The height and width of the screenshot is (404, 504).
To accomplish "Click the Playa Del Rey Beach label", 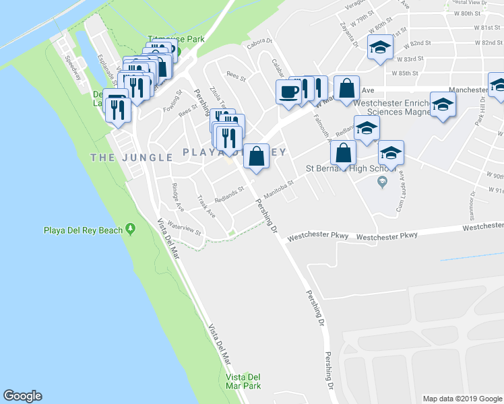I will (x=83, y=230).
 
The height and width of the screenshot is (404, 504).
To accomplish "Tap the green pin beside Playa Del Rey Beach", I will (x=130, y=230).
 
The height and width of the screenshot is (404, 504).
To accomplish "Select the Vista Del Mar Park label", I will (x=243, y=381).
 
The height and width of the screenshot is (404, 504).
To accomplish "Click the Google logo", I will (x=22, y=396).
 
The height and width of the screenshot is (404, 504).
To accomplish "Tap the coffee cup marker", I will (x=288, y=92).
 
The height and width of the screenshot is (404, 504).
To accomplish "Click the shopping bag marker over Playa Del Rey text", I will (x=256, y=156).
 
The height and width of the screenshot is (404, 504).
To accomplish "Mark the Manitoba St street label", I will (x=280, y=189).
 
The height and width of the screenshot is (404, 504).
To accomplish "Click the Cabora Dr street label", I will (x=258, y=42).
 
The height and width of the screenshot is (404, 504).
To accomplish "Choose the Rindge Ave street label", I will (x=176, y=193).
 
